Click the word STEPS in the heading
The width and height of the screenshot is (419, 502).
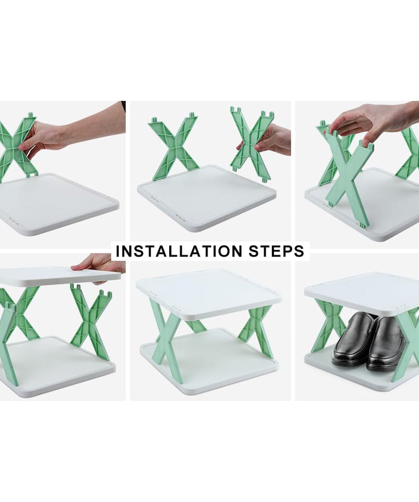[276, 251]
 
